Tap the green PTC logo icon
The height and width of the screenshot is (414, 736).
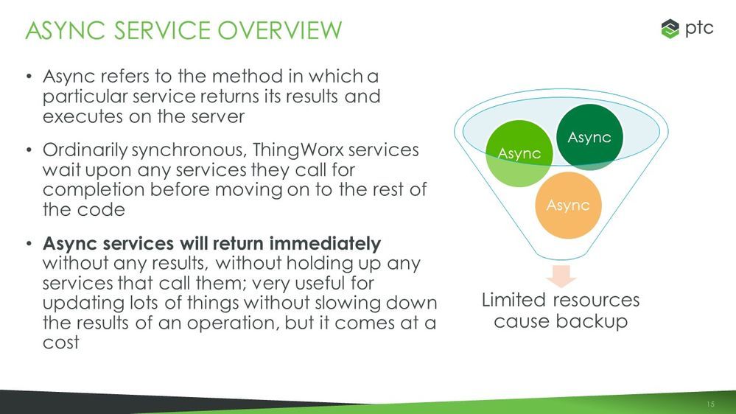pyautogui.click(x=669, y=29)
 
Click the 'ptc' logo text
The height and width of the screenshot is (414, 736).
pyautogui.click(x=698, y=29)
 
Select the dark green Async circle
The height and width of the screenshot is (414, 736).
pyautogui.click(x=589, y=136)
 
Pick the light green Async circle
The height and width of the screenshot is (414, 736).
pyautogui.click(x=520, y=152)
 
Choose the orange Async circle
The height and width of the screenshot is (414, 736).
pyautogui.click(x=568, y=205)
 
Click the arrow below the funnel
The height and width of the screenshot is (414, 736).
pyautogui.click(x=562, y=276)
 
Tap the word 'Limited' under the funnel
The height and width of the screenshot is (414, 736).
pyautogui.click(x=514, y=301)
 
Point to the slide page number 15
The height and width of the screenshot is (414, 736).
pyautogui.click(x=710, y=404)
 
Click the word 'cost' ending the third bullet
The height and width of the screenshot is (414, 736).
pyautogui.click(x=61, y=342)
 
